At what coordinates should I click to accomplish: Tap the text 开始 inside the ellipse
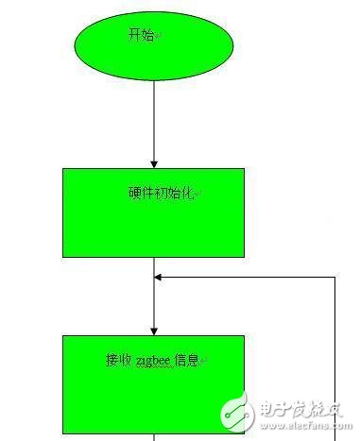tap(142, 35)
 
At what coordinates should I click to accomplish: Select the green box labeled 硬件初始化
tap(153, 213)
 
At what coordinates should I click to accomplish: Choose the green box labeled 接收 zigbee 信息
tap(153, 382)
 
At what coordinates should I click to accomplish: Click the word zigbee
tap(154, 360)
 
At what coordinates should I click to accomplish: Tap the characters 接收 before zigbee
tap(119, 360)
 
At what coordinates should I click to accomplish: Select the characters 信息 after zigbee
tap(187, 360)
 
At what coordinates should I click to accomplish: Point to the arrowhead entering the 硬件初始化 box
tap(153, 162)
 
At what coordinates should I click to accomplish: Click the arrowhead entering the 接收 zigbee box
tap(153, 329)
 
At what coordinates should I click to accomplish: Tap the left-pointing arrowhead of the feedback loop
tap(160, 278)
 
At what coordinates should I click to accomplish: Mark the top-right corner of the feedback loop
tap(335, 278)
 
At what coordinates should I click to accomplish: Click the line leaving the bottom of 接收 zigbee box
tap(153, 435)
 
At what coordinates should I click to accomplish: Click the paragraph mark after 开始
tap(159, 36)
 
